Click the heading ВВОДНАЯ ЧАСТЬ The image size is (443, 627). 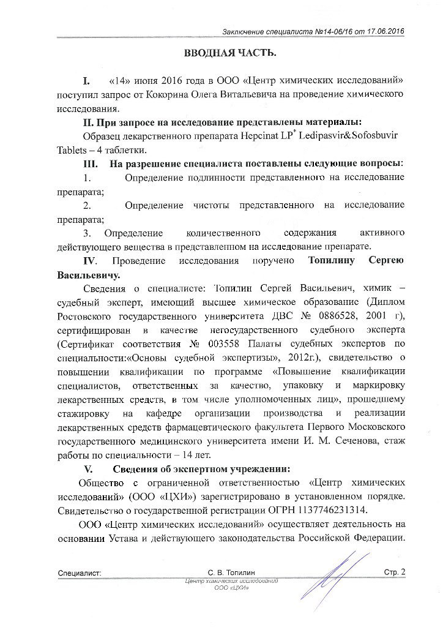coord(231,53)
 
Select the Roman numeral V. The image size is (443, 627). coord(87,469)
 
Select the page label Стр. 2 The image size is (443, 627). coord(395,573)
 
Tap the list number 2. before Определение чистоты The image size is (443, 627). coord(87,204)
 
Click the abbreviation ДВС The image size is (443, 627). coord(287,315)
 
